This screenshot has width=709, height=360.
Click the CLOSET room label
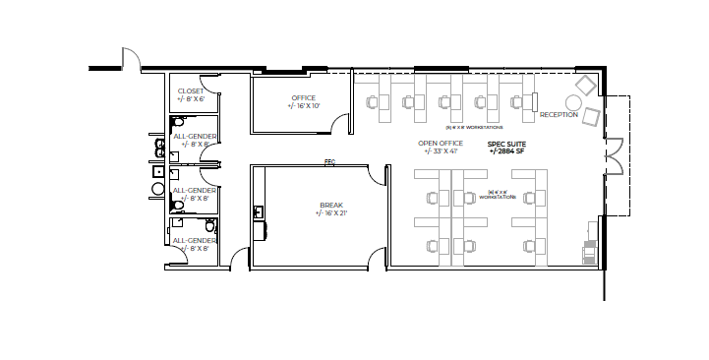pyautogui.click(x=191, y=90)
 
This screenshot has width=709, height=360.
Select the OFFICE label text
pyautogui.click(x=303, y=97)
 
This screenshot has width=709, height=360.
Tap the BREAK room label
pyautogui.click(x=330, y=205)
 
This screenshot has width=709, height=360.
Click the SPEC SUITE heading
pyautogui.click(x=507, y=143)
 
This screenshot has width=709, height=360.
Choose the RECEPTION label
pyautogui.click(x=559, y=115)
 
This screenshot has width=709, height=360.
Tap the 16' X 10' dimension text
pyautogui.click(x=305, y=105)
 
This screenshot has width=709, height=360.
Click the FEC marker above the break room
pyautogui.click(x=329, y=162)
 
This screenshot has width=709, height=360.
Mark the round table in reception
pyautogui.click(x=573, y=103)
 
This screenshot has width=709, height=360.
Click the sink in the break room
pyautogui.click(x=259, y=211)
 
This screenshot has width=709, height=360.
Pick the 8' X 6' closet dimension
pyautogui.click(x=191, y=99)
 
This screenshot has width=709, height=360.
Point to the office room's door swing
pyautogui.click(x=340, y=123)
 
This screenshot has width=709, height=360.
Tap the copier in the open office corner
pyautogui.click(x=589, y=252)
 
